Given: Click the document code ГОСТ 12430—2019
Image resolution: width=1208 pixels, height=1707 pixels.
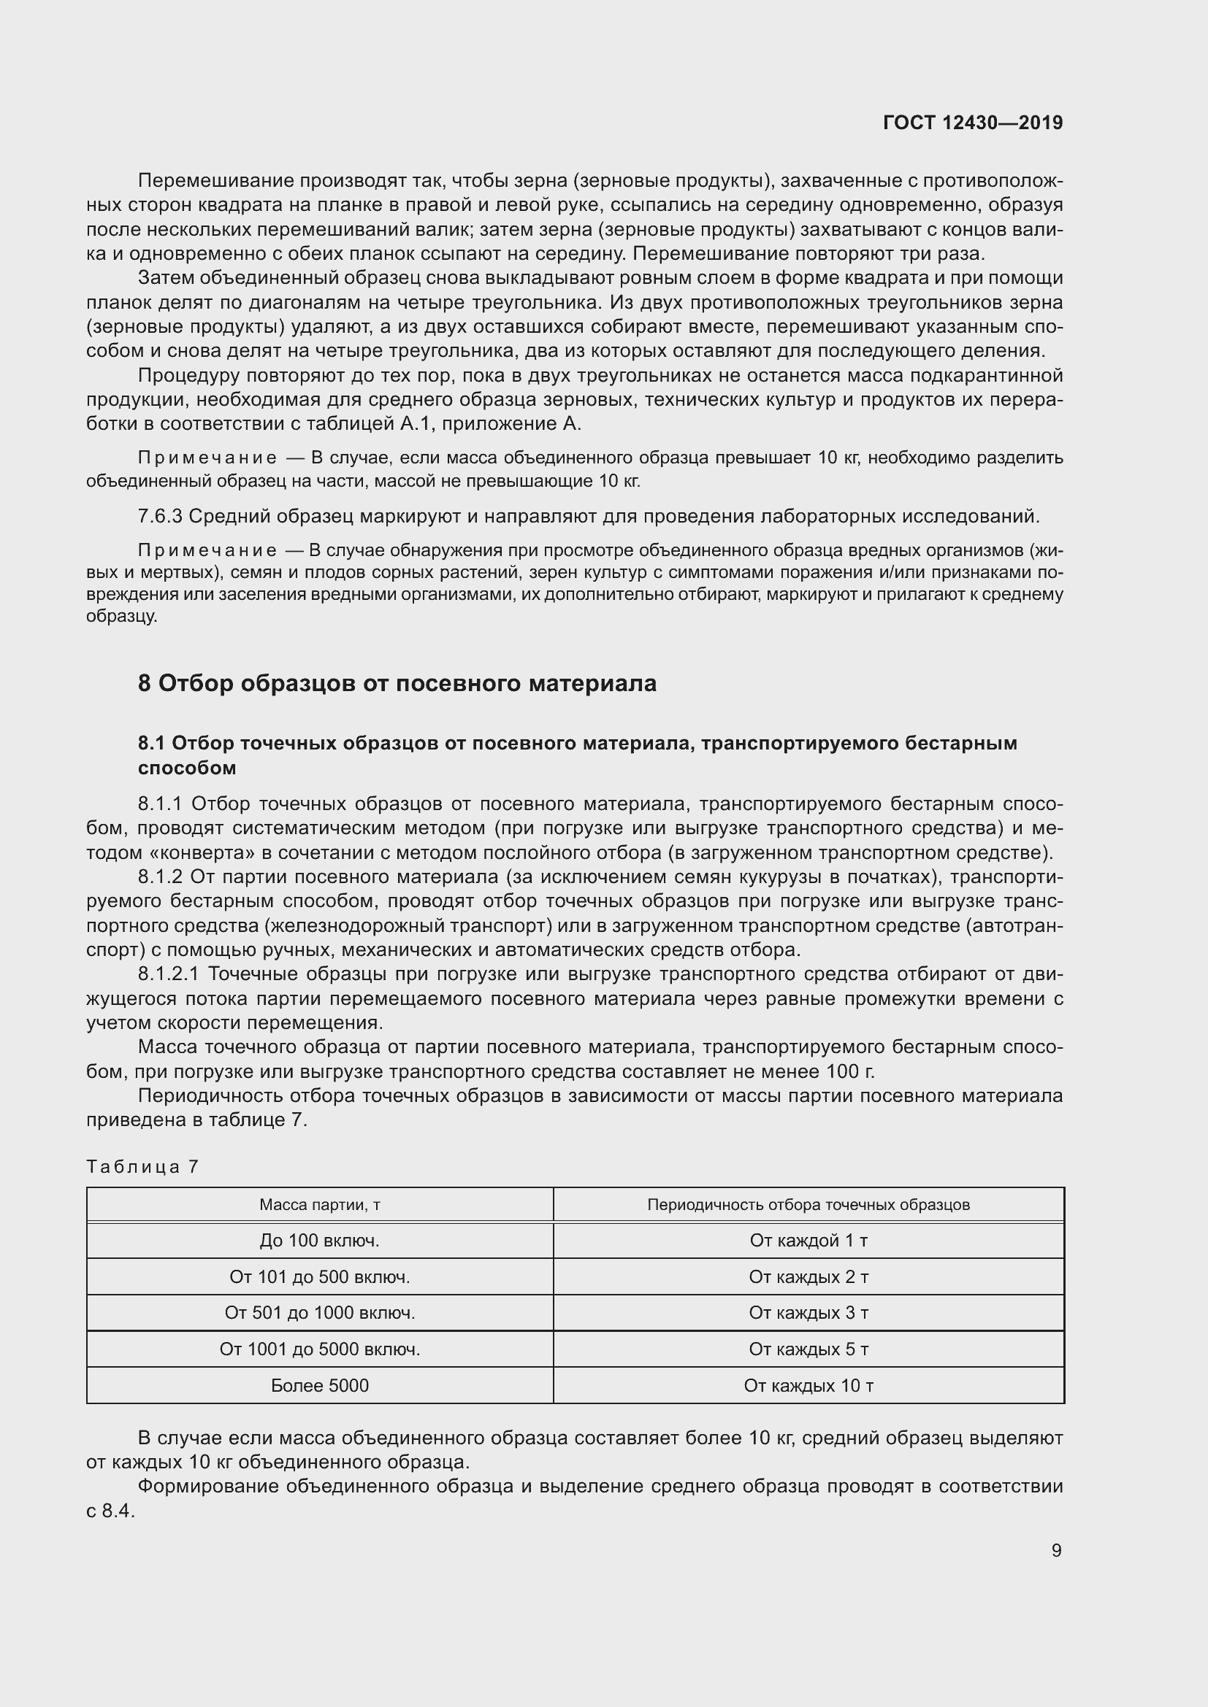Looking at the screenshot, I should click(x=972, y=123).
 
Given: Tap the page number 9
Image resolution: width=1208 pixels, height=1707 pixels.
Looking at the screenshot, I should click(x=1056, y=1550).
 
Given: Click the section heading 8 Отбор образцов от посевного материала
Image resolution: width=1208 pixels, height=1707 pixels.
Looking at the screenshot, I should click(x=397, y=683).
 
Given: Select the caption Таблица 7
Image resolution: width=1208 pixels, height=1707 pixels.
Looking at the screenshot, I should click(x=142, y=1165).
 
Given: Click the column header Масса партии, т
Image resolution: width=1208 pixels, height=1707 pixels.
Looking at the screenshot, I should click(x=320, y=1204).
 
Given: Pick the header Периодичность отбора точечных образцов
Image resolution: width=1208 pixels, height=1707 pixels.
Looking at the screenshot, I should click(x=808, y=1204).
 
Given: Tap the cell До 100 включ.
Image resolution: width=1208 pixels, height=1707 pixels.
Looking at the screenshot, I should click(x=320, y=1240).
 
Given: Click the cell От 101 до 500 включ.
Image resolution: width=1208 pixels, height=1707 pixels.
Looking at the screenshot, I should click(x=320, y=1276).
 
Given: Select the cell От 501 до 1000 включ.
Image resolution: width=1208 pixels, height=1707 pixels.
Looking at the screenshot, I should click(x=320, y=1313).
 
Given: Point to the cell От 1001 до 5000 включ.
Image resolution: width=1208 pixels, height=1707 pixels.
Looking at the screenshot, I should click(x=320, y=1349).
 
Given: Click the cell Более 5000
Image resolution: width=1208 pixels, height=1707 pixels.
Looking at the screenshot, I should click(x=320, y=1385).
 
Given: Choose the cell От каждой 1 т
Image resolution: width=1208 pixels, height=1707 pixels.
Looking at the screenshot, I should click(x=808, y=1240).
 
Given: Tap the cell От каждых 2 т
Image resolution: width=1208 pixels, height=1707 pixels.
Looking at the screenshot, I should click(x=808, y=1276).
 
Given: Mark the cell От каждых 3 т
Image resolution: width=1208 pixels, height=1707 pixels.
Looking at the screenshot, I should click(x=808, y=1313).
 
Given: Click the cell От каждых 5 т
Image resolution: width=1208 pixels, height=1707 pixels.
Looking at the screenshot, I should click(x=808, y=1349).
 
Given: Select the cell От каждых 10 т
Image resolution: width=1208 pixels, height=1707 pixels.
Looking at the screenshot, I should click(x=808, y=1385).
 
